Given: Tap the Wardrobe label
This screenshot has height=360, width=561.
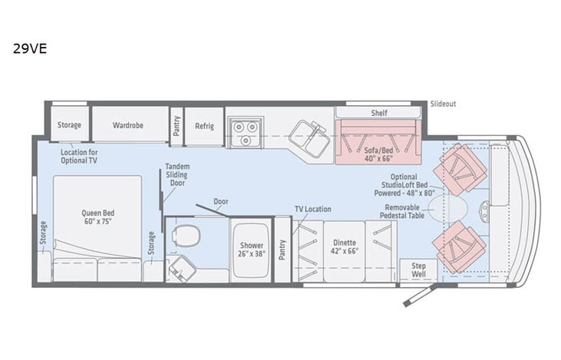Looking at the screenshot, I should (129, 124).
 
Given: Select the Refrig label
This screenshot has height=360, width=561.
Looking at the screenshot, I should (204, 125).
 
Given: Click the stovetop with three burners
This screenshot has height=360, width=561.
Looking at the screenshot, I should (245, 131).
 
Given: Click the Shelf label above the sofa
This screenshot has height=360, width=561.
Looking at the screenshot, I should (379, 113).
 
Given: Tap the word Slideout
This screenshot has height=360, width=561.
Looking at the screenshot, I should (444, 104).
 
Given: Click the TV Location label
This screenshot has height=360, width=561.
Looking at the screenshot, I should (313, 209).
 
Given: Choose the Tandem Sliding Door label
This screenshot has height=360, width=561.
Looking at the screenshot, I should (177, 174).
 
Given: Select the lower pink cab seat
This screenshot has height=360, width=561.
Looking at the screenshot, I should (458, 245).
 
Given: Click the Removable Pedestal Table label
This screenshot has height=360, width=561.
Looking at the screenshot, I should (408, 212).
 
